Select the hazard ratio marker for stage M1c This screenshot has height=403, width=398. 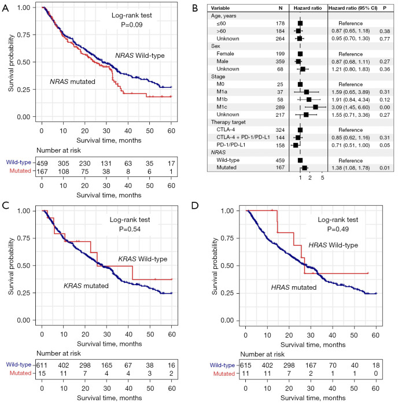coord(315,107)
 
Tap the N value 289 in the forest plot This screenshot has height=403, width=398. coord(277,108)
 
